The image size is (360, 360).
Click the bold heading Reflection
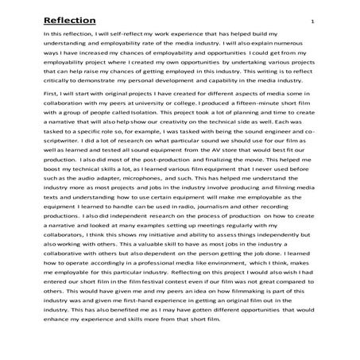pos(69,20)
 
